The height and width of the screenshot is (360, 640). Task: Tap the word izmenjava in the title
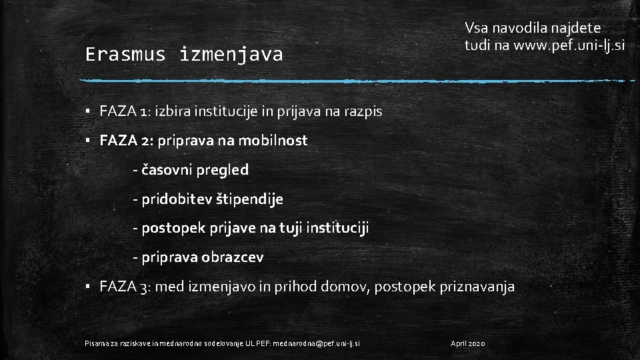coord(231,55)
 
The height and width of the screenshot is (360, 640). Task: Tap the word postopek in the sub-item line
coord(170,229)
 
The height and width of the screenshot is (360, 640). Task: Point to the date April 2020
coord(469,343)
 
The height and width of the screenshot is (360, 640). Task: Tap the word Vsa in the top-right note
coord(477,28)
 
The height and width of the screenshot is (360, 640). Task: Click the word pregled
coord(223,170)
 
